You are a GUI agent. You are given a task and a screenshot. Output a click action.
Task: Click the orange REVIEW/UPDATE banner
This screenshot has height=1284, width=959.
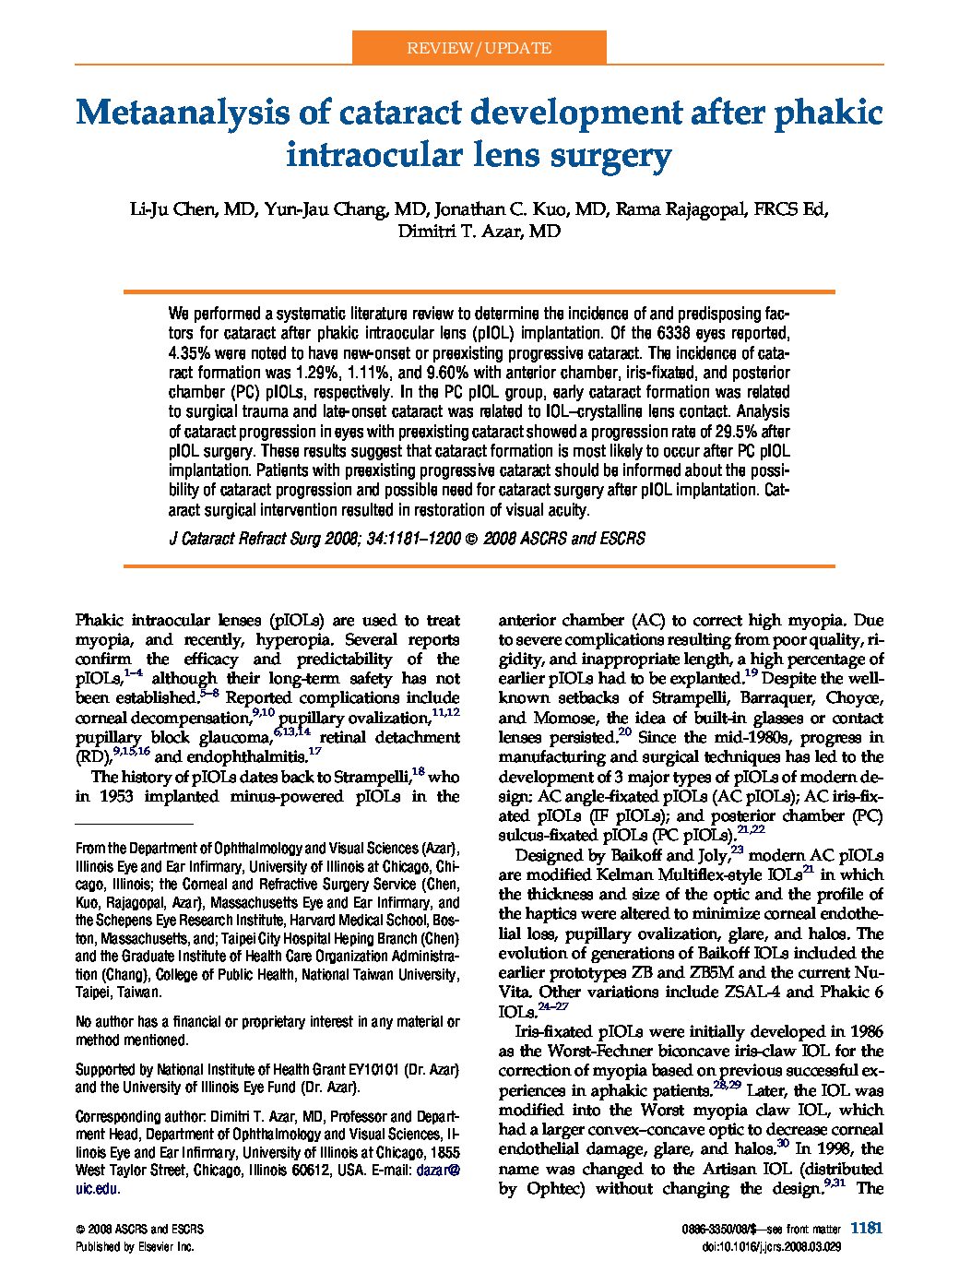point(479,48)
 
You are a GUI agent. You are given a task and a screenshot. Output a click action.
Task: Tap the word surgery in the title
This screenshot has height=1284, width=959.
point(617,156)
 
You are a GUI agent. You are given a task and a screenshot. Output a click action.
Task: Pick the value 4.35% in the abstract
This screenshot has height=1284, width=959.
point(190,353)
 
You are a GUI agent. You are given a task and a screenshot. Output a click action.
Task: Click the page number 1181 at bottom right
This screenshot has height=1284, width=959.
point(867,1228)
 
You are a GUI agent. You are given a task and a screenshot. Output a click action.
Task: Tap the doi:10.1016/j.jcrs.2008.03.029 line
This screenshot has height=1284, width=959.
point(784,1246)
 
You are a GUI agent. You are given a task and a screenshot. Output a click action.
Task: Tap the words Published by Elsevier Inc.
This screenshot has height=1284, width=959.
point(135,1246)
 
